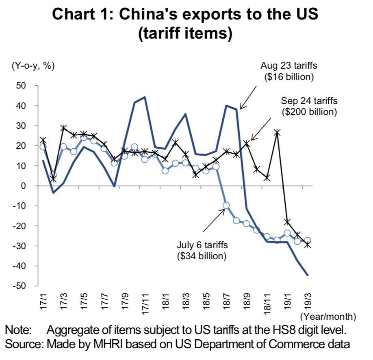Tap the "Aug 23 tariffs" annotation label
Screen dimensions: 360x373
point(288,65)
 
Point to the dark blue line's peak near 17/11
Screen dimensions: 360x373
point(145,98)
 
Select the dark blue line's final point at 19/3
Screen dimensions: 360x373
point(308,275)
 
